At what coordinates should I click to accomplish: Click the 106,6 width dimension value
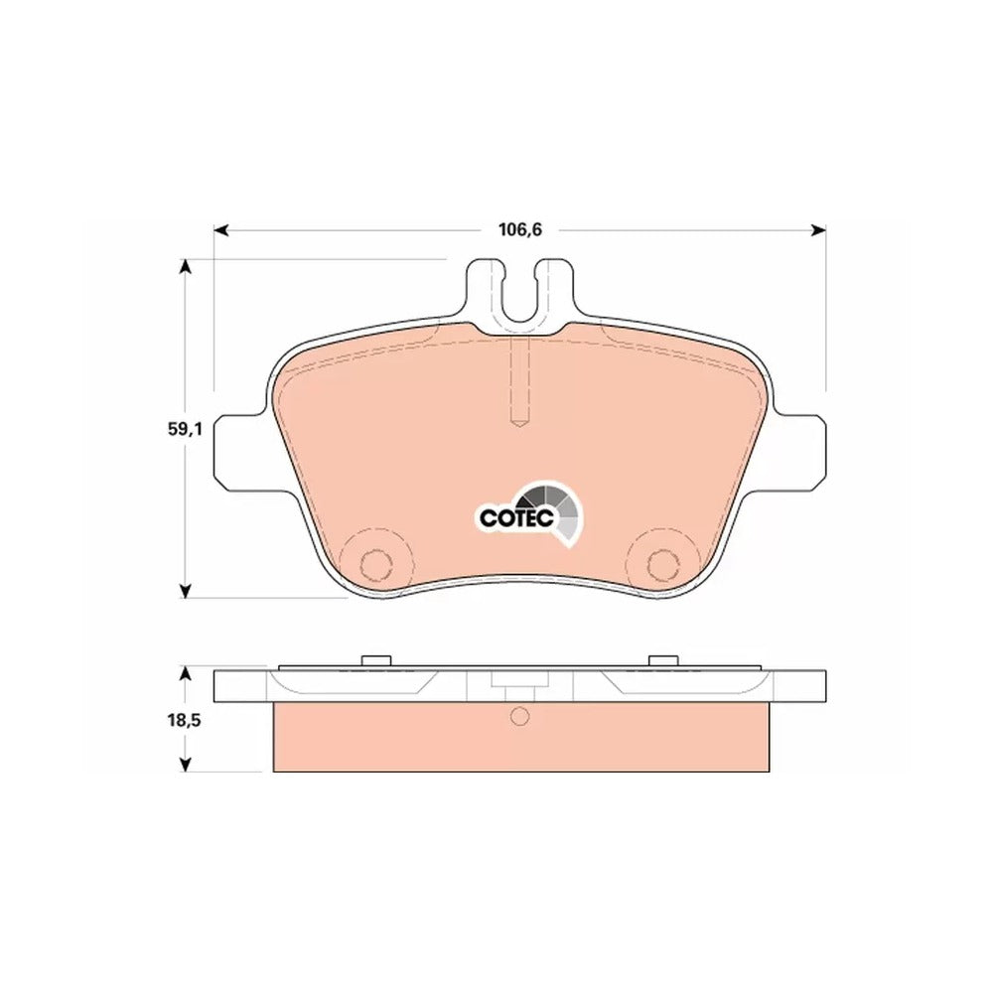tap(520, 230)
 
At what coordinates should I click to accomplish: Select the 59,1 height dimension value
tap(185, 429)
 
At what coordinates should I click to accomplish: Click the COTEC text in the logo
tap(516, 518)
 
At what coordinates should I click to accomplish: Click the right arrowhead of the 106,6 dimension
tap(819, 230)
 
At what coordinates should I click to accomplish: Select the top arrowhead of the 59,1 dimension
tap(185, 266)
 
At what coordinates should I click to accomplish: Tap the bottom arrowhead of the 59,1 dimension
tap(185, 591)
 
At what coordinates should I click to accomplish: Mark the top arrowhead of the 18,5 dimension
tap(185, 672)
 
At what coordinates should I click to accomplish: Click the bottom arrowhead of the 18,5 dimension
tap(185, 764)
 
